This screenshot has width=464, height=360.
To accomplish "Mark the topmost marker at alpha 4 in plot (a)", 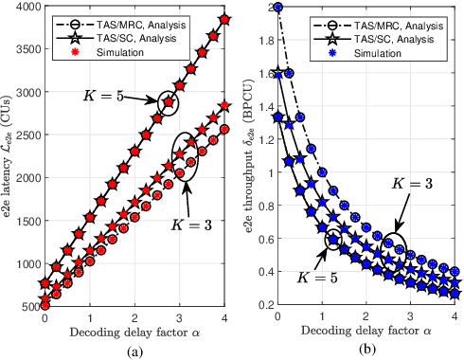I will (x=224, y=19).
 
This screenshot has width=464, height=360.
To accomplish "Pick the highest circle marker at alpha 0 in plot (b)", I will (x=277, y=8).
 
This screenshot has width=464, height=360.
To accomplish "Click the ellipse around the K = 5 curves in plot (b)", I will (x=333, y=240).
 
